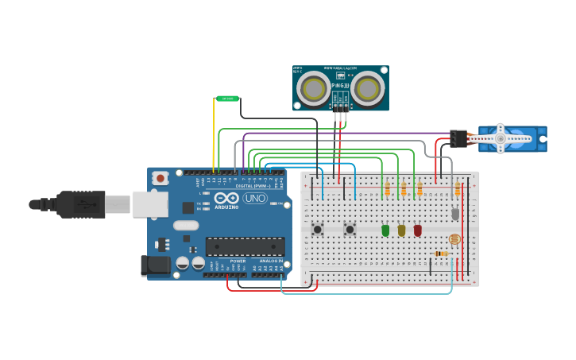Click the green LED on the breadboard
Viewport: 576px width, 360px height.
point(385,230)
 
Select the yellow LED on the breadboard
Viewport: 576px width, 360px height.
point(401,230)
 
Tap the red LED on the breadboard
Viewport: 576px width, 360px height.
point(417,230)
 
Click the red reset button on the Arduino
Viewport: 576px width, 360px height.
point(160,178)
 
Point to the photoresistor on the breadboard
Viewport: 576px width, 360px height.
point(454,238)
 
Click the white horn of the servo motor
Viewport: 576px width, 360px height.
point(501,138)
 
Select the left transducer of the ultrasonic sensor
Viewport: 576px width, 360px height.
point(314,88)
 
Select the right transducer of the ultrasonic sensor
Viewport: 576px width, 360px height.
point(368,88)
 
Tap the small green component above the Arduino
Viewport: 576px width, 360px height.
point(227,99)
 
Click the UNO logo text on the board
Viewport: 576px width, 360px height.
point(255,198)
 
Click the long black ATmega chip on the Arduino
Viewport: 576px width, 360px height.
point(245,246)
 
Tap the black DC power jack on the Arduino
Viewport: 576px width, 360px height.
point(157,265)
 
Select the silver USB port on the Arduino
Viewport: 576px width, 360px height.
point(149,204)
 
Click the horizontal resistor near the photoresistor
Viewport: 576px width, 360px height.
point(441,254)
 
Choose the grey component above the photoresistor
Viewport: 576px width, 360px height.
point(455,214)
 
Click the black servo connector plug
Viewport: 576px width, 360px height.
point(458,138)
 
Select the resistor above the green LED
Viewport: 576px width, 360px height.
point(387,190)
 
